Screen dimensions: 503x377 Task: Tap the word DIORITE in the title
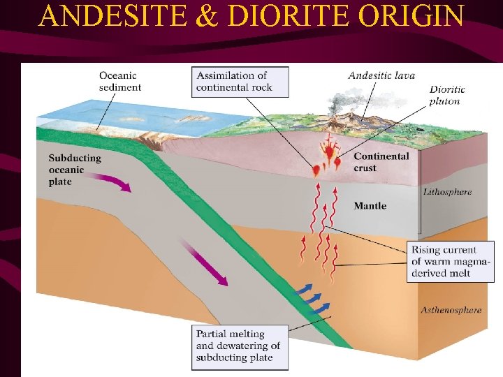click(x=270, y=15)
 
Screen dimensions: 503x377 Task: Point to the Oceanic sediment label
click(x=119, y=82)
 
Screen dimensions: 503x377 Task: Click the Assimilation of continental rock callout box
click(x=240, y=81)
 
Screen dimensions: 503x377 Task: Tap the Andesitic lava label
click(x=381, y=75)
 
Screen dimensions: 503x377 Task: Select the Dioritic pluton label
click(x=447, y=95)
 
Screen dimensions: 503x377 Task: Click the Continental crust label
click(x=381, y=162)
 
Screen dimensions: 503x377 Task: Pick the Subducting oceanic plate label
click(x=75, y=170)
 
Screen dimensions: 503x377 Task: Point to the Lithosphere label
click(x=447, y=191)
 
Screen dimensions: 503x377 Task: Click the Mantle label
click(x=370, y=206)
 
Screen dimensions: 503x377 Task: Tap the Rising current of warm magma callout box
click(x=451, y=261)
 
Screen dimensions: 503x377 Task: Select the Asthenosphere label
click(x=451, y=310)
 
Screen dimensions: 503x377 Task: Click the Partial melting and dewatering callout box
click(x=238, y=346)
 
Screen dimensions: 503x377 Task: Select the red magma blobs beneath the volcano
click(x=328, y=158)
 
